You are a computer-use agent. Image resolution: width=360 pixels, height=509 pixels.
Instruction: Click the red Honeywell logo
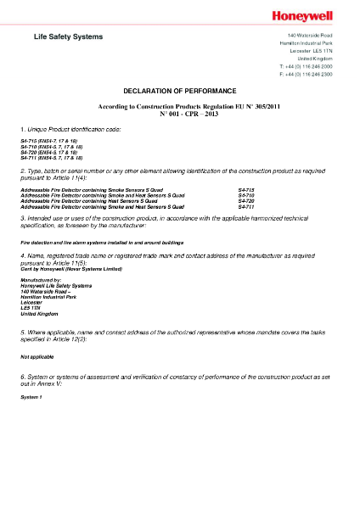click(x=303, y=15)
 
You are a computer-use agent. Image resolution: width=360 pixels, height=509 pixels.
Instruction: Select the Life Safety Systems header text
click(x=68, y=36)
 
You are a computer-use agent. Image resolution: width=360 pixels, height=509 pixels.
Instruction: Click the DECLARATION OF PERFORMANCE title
click(x=179, y=90)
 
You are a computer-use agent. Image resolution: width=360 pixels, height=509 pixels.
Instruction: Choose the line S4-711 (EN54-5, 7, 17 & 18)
click(x=52, y=158)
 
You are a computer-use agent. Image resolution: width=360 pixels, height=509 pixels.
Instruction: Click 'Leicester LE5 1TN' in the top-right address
click(x=313, y=50)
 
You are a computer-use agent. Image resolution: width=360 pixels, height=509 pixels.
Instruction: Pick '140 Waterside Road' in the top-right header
click(x=309, y=35)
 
